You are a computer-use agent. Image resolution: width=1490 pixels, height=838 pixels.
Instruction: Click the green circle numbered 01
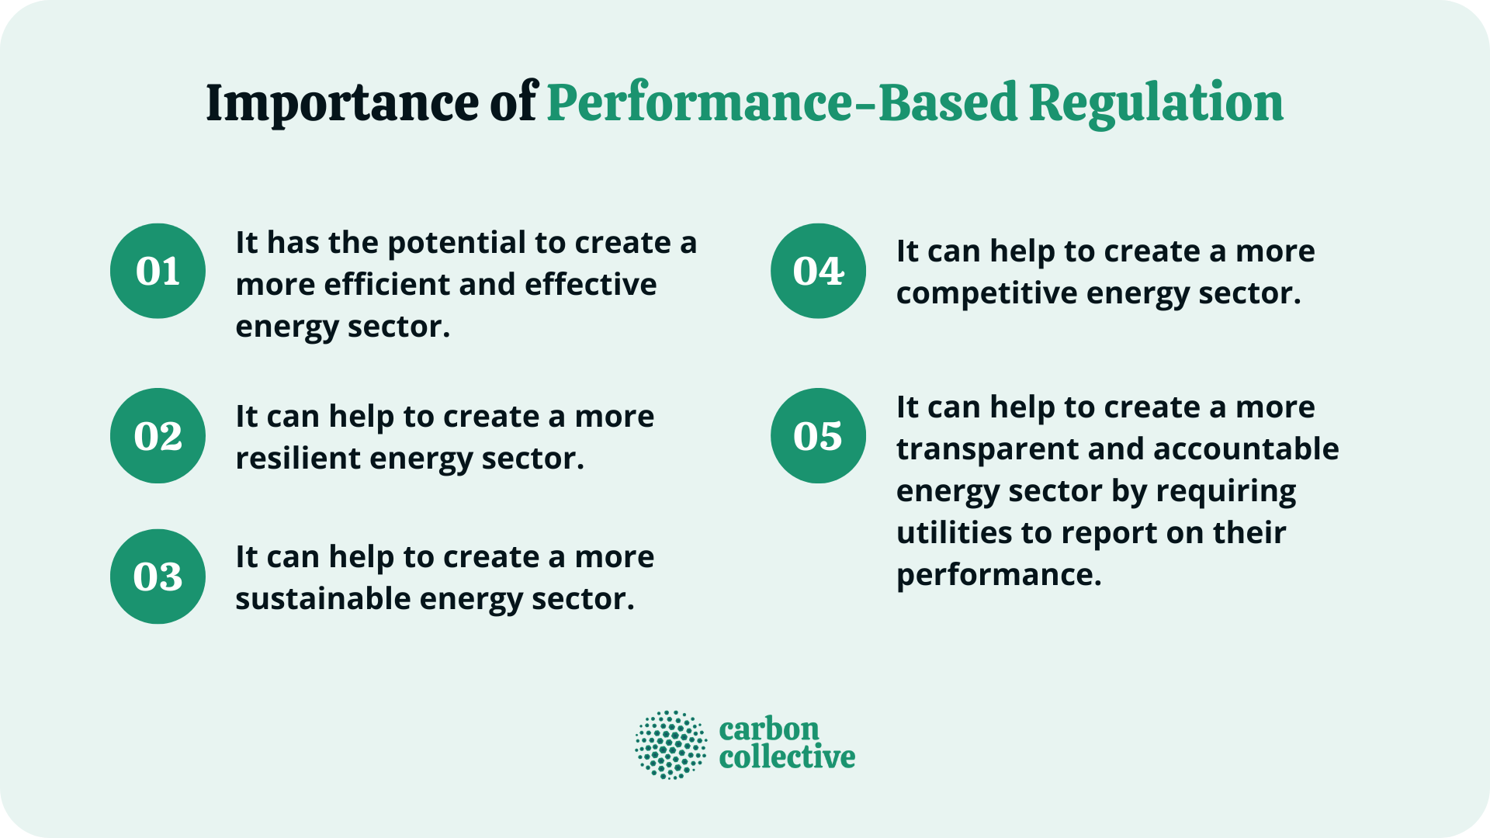pyautogui.click(x=158, y=271)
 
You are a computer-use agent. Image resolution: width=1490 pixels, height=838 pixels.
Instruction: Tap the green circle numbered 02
pyautogui.click(x=158, y=435)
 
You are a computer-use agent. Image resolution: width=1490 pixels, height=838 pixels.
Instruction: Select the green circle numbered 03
pyautogui.click(x=158, y=577)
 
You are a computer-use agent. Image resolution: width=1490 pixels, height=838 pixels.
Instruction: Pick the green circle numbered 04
pyautogui.click(x=818, y=271)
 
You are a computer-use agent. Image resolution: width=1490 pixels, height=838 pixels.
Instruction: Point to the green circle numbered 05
pyautogui.click(x=818, y=435)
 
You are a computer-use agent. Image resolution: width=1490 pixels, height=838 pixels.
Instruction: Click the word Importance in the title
pyautogui.click(x=342, y=103)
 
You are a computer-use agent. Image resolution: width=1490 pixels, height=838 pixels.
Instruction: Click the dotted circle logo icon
pyautogui.click(x=671, y=745)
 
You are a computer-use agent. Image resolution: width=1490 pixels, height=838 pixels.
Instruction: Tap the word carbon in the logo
pyautogui.click(x=769, y=729)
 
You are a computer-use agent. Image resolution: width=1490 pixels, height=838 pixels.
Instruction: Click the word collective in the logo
pyautogui.click(x=787, y=757)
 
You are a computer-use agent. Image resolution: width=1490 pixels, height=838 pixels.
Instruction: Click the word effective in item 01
pyautogui.click(x=591, y=285)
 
